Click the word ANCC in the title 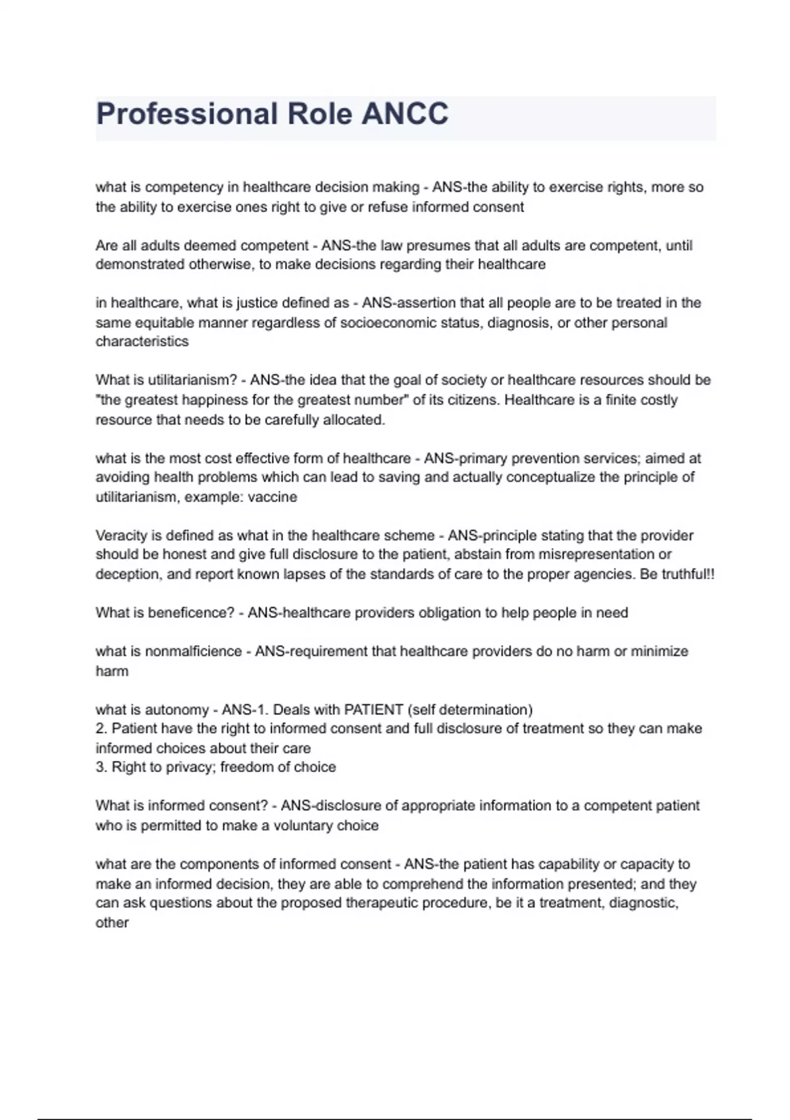click(405, 114)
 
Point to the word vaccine click(273, 497)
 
